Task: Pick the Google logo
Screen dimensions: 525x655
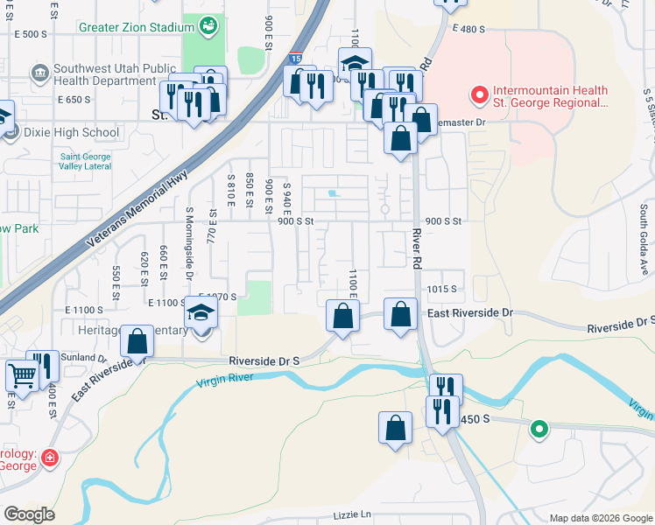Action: click(30, 514)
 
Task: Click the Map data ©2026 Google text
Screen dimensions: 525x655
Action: click(600, 518)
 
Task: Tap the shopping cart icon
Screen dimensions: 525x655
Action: click(21, 375)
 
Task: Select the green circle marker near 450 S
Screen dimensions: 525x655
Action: click(540, 429)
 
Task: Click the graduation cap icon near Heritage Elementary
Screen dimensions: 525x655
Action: click(200, 311)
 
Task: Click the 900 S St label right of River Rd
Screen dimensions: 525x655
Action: click(442, 221)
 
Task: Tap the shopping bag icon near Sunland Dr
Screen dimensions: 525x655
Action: click(137, 341)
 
